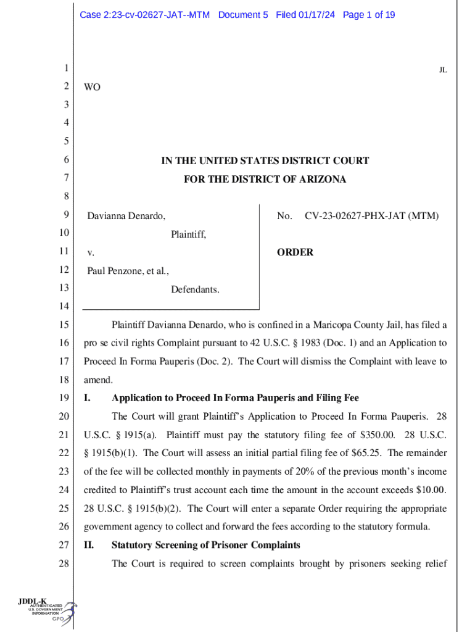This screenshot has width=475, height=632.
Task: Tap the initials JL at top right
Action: click(x=442, y=70)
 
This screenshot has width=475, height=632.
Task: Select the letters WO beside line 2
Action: click(x=92, y=88)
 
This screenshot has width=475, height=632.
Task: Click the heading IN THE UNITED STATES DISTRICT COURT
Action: click(x=265, y=161)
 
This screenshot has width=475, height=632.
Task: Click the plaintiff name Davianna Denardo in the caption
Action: click(x=126, y=216)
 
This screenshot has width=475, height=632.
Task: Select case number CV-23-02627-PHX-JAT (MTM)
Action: click(x=371, y=216)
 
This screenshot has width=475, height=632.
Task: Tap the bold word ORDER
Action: click(x=295, y=252)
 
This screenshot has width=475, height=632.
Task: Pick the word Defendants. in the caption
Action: click(x=195, y=289)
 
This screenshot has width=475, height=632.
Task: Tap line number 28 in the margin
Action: click(x=65, y=563)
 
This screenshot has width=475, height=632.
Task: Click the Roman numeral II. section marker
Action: click(x=91, y=545)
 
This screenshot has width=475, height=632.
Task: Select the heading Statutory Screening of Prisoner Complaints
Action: click(x=205, y=545)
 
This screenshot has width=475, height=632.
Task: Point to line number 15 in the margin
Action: click(x=65, y=325)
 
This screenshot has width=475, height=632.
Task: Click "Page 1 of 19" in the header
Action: click(x=368, y=14)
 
